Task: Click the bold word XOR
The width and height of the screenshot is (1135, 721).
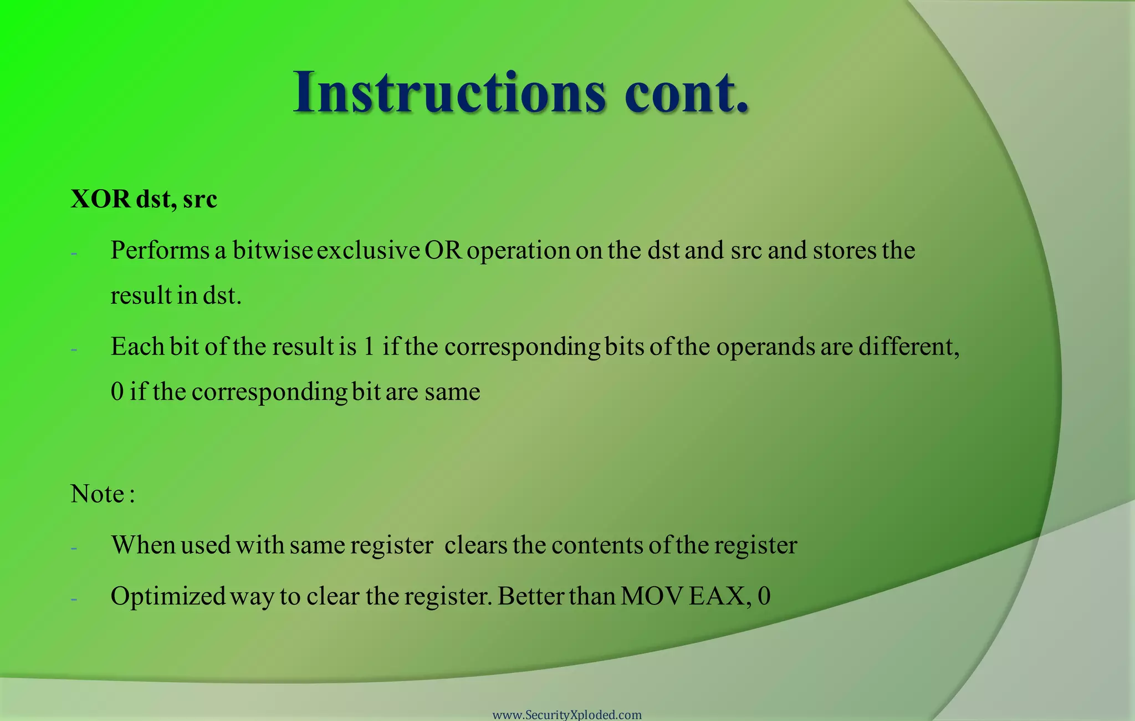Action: (100, 199)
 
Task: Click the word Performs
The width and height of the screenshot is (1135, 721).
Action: (160, 251)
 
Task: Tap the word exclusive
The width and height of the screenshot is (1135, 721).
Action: (368, 251)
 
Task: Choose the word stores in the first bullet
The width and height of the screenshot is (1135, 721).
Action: (844, 251)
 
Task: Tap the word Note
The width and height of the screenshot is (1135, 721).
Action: (98, 494)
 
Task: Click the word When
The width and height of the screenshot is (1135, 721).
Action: (143, 545)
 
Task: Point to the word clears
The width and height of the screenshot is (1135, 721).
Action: (476, 545)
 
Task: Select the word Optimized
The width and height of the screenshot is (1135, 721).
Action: (168, 597)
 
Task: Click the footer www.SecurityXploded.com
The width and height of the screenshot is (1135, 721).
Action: (567, 715)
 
